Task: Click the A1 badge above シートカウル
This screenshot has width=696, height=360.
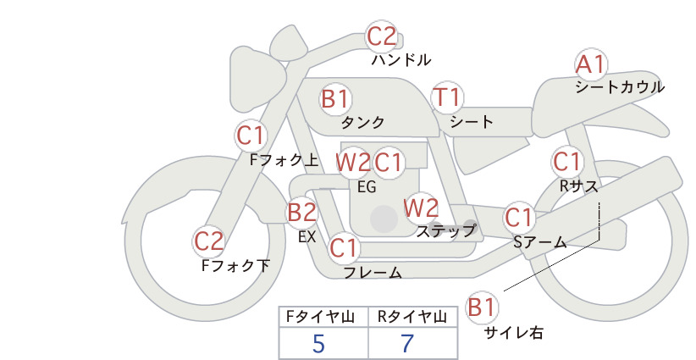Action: click(591, 65)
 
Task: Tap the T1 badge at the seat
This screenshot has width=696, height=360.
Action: click(447, 97)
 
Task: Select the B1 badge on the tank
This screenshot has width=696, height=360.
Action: click(335, 99)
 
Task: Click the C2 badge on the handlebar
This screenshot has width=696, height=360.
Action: click(382, 36)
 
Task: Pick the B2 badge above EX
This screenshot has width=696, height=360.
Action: click(301, 212)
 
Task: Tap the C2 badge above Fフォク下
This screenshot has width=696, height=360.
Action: click(208, 241)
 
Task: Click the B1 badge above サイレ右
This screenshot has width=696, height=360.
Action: click(482, 307)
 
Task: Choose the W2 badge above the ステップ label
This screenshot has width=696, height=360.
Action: click(420, 208)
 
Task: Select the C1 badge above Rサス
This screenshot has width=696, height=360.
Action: click(566, 162)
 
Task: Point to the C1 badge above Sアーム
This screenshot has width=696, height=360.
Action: click(518, 218)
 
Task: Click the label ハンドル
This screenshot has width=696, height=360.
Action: click(400, 59)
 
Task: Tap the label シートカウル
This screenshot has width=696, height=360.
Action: click(620, 86)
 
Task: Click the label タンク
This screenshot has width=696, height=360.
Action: click(362, 122)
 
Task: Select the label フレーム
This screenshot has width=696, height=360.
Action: click(373, 273)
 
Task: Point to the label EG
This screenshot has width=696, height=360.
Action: click(367, 187)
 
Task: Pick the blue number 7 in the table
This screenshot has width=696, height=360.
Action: click(407, 343)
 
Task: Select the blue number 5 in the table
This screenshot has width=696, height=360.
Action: click(318, 343)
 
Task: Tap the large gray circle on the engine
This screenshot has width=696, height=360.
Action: click(384, 219)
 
